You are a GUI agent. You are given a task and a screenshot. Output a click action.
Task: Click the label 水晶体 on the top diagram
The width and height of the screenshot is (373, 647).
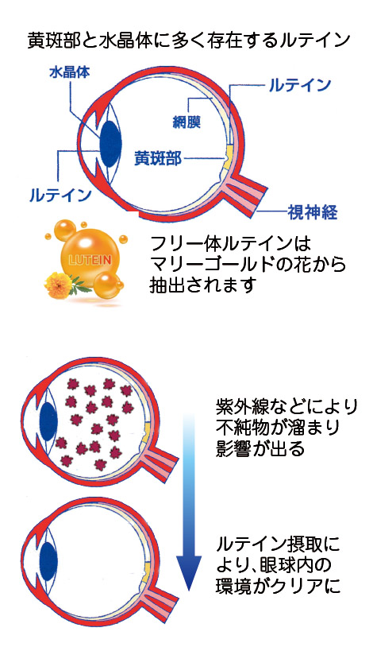click(x=69, y=72)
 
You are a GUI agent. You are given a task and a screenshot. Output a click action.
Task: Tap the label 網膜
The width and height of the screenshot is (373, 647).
click(x=186, y=122)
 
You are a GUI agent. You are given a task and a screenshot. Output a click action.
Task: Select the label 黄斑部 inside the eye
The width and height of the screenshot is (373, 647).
click(x=158, y=157)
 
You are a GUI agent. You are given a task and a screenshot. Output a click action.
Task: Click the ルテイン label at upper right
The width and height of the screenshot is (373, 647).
click(x=300, y=85)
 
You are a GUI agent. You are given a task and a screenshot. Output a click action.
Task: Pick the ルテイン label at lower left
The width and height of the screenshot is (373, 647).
click(x=60, y=195)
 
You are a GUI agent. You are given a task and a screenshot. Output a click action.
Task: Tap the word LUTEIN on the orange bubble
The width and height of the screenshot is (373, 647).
click(x=90, y=260)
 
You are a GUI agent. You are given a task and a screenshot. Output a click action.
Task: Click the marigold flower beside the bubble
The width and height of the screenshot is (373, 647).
click(x=59, y=284)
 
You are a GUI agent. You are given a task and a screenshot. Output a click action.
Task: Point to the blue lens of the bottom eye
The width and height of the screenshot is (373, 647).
click(x=48, y=558)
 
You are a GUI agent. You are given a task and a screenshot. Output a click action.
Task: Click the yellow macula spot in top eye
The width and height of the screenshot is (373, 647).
click(x=226, y=158)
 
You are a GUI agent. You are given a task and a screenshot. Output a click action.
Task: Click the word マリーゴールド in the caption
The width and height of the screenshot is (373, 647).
click(x=226, y=265)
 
